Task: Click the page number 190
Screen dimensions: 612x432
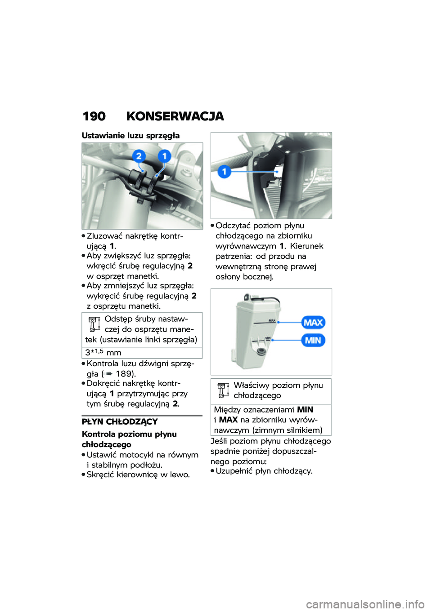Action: tap(94, 116)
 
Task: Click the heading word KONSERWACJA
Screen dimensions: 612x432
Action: tap(175, 116)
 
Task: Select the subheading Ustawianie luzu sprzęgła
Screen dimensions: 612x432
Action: tap(130, 135)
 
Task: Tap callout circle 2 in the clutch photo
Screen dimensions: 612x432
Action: tap(139, 156)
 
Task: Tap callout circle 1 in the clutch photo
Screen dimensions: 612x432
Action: tap(164, 156)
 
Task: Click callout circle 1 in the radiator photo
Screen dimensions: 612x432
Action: tap(224, 171)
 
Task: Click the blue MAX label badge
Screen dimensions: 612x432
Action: tap(313, 322)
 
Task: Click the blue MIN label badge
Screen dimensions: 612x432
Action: tap(313, 340)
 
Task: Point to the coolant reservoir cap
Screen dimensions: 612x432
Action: tap(247, 297)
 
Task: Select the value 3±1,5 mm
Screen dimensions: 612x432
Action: tap(103, 352)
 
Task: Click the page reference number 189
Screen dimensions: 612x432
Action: tap(124, 373)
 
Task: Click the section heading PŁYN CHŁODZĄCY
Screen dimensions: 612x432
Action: tap(120, 421)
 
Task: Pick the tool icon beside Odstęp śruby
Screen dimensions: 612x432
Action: tap(94, 324)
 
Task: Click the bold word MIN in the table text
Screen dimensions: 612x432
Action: tap(305, 409)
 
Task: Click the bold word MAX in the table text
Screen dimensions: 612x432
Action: tap(228, 420)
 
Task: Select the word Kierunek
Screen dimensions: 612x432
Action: tap(306, 246)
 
